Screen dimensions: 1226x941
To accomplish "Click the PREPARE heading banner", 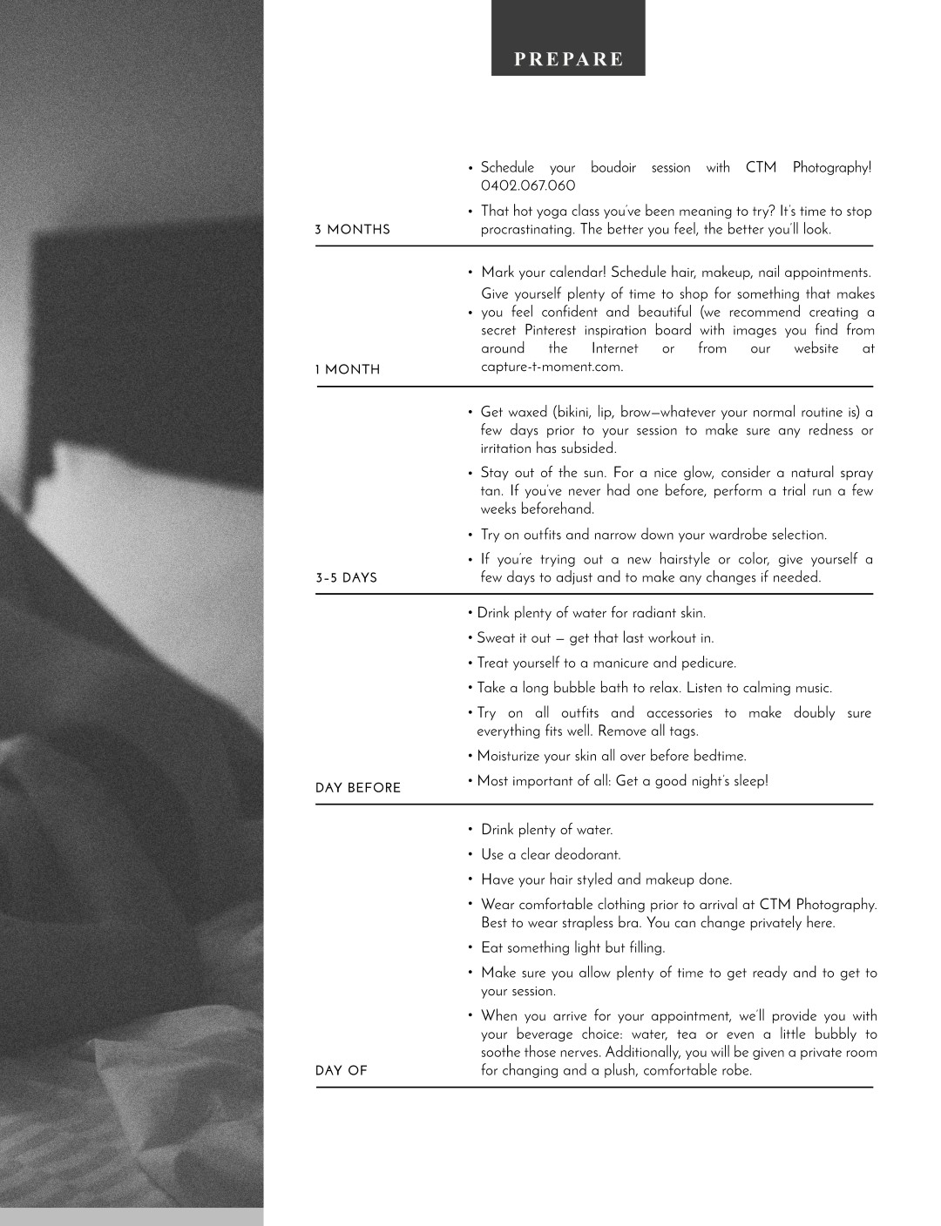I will point(568,59).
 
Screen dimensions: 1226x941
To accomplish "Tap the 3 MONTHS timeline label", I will point(352,230).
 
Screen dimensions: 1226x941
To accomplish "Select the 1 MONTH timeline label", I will point(348,370).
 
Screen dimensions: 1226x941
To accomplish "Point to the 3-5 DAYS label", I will point(346,578).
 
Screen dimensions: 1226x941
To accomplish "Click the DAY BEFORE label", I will point(358,788).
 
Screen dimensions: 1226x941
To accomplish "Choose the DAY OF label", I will point(342,1071).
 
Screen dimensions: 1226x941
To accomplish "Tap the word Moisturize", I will point(508,756).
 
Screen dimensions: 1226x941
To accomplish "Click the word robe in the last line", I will point(735,1071).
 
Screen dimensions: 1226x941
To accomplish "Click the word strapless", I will point(568,923).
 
